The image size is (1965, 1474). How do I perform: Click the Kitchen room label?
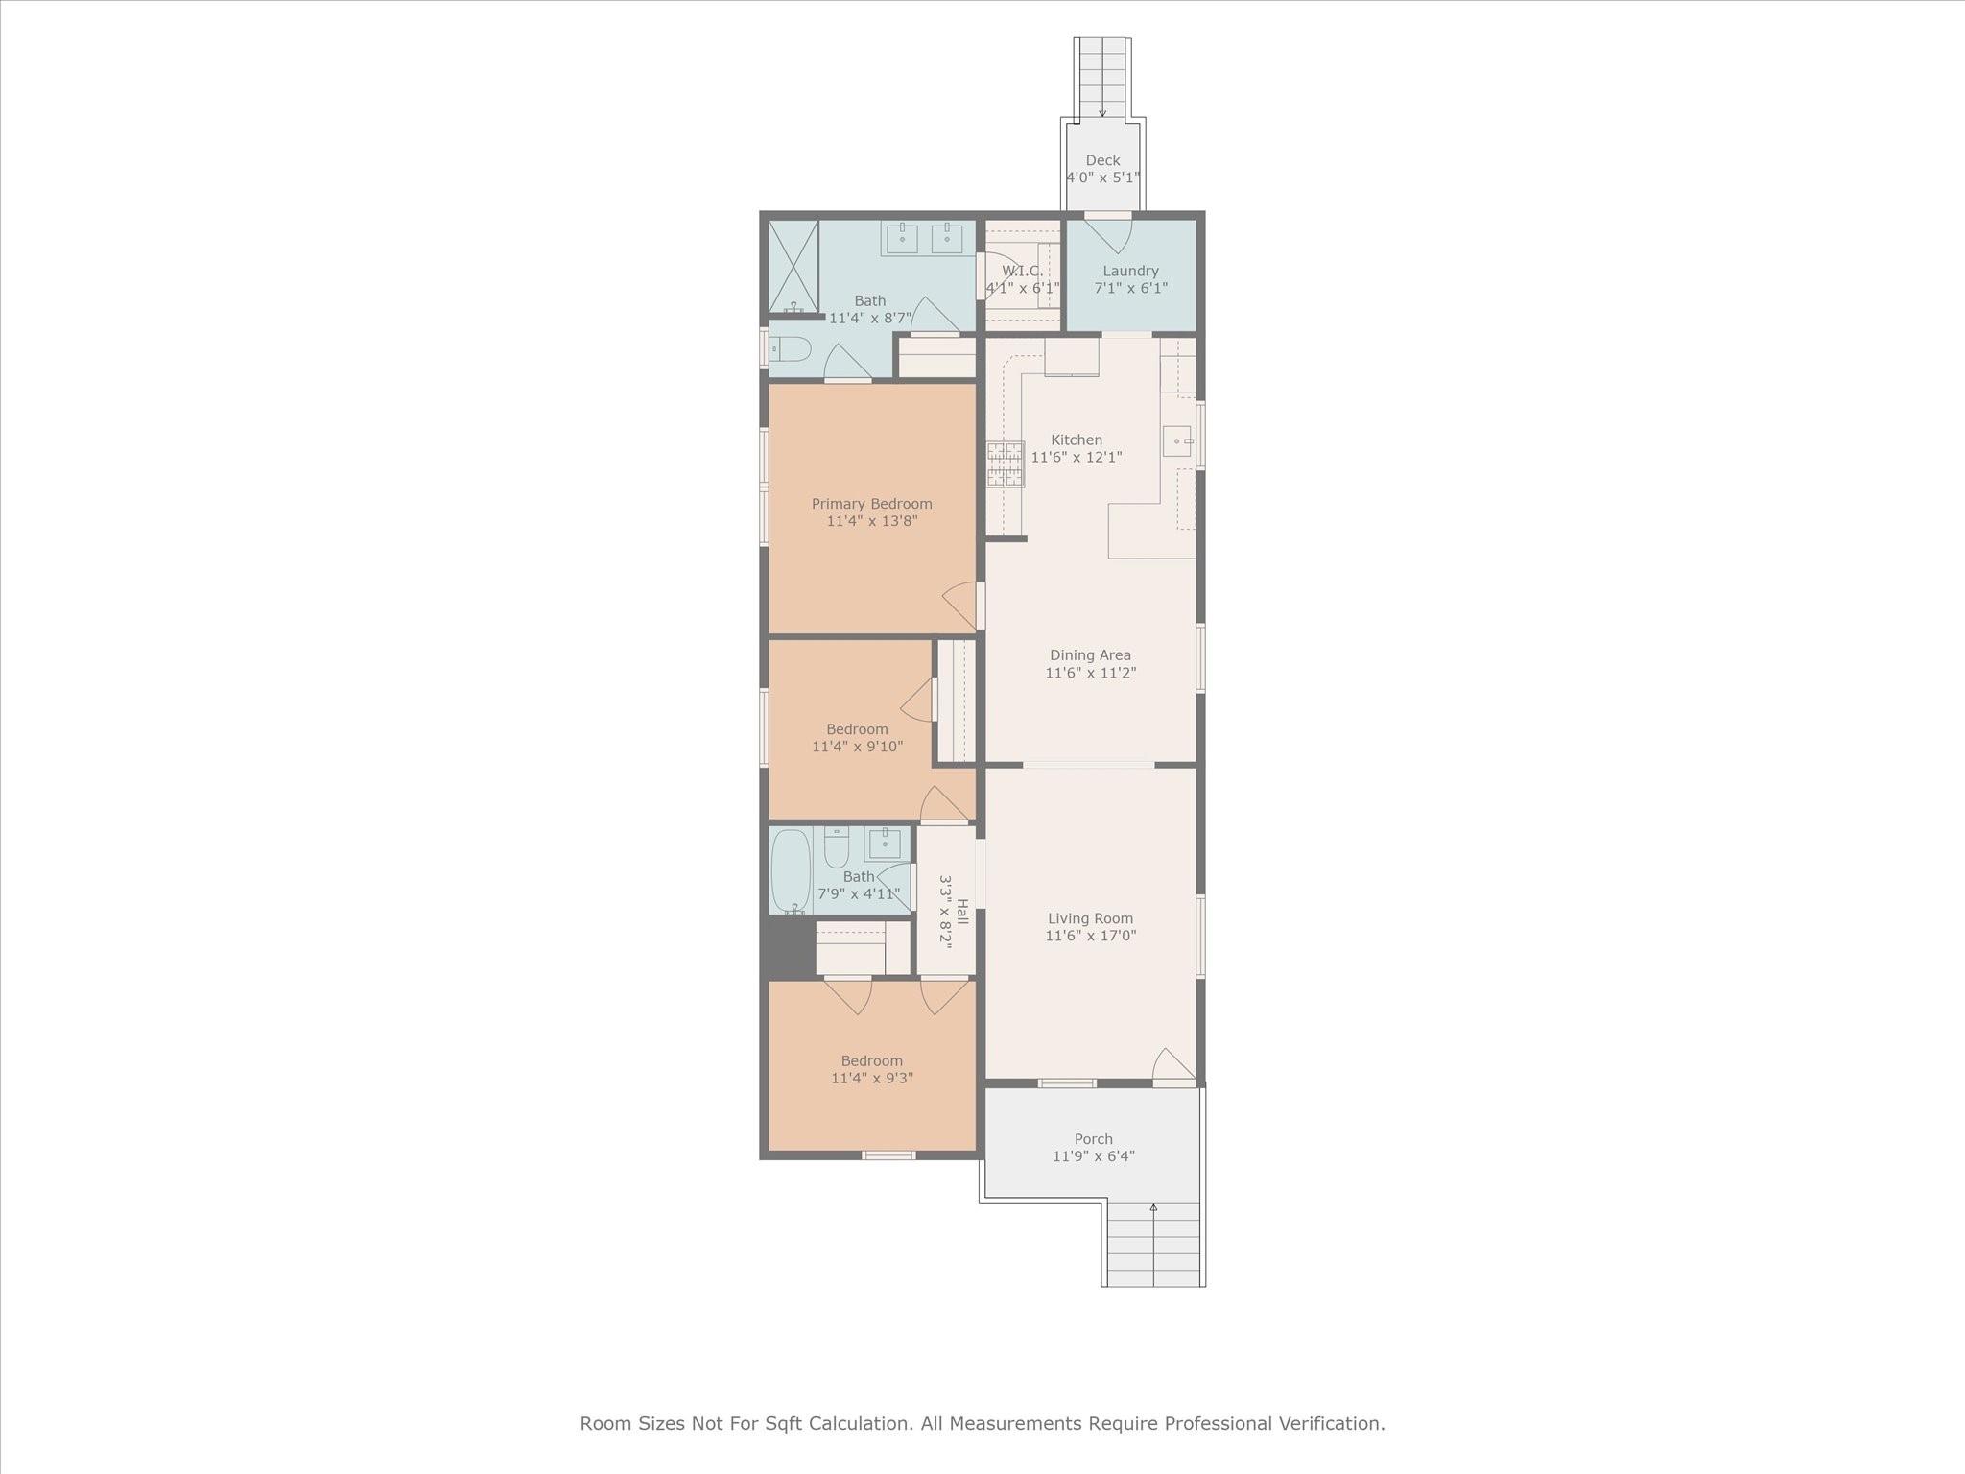[x=1077, y=440]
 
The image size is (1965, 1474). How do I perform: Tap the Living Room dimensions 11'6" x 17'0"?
[x=1091, y=936]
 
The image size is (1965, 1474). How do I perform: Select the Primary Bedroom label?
[x=872, y=504]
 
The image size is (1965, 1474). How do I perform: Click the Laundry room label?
[x=1131, y=272]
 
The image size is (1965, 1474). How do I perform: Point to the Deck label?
[x=1103, y=160]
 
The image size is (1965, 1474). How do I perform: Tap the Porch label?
[x=1094, y=1139]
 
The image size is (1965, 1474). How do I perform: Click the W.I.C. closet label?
[x=1022, y=272]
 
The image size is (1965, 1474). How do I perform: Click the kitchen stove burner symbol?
[x=1006, y=464]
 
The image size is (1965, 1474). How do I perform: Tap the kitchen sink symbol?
[x=1177, y=441]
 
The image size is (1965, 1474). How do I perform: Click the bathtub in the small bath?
[x=792, y=871]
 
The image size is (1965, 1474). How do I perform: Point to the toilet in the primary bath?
[x=790, y=348]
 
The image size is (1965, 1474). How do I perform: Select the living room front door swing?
[x=1173, y=1063]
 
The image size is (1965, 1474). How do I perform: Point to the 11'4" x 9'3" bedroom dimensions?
[x=872, y=1078]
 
